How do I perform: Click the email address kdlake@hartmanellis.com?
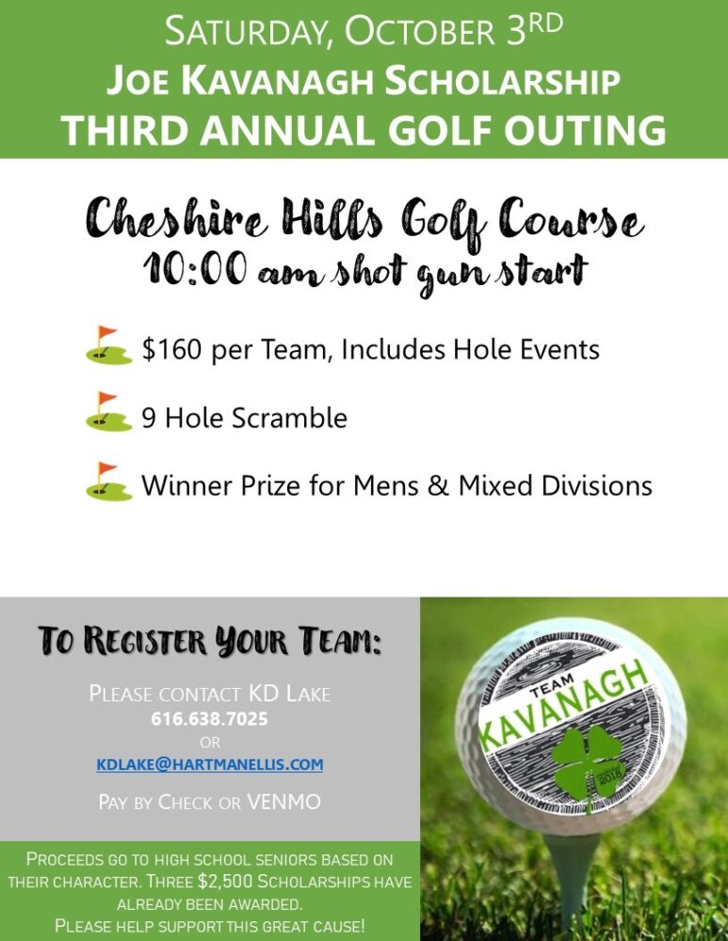point(209,765)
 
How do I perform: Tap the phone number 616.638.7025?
point(209,719)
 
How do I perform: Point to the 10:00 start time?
point(194,270)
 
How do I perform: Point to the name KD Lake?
point(289,694)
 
